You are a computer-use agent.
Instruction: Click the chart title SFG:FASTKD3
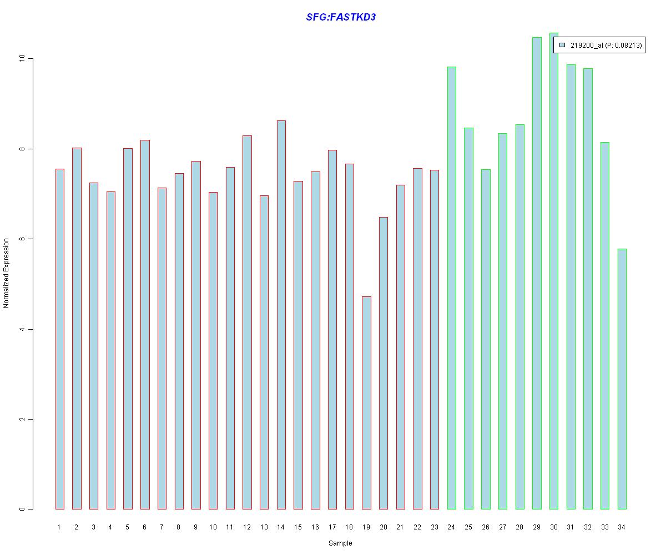click(x=341, y=17)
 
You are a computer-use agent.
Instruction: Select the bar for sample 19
click(x=366, y=402)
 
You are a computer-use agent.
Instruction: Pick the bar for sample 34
click(x=622, y=379)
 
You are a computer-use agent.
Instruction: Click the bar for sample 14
click(x=281, y=315)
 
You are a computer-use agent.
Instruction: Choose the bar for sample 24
click(x=452, y=287)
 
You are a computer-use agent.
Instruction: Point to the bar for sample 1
click(x=59, y=339)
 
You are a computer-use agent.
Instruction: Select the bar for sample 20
click(x=384, y=363)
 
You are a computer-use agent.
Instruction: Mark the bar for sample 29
click(x=537, y=273)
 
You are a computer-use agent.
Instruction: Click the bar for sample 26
click(x=486, y=339)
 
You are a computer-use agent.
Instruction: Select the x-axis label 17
click(x=332, y=527)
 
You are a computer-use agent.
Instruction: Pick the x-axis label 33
click(x=604, y=527)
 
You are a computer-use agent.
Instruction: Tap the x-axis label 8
click(x=179, y=527)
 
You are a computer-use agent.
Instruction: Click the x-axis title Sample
click(x=340, y=543)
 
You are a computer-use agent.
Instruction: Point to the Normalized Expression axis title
click(x=7, y=273)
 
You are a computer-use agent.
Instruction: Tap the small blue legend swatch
click(x=562, y=45)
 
